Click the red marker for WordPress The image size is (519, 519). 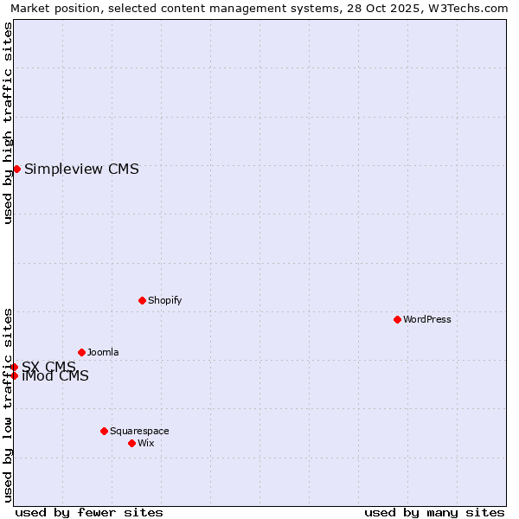coord(397,319)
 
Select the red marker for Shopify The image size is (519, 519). coord(142,300)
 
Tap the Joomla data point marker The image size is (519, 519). coord(81,352)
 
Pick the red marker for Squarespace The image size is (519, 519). coord(104,431)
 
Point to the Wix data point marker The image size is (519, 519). coord(131,443)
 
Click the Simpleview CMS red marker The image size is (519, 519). coord(16,169)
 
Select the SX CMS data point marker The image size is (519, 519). coord(14,367)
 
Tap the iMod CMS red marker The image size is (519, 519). coord(14,375)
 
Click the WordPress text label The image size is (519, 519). coord(427,319)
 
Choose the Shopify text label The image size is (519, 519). coord(164,300)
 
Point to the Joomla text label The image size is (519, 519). coord(103,352)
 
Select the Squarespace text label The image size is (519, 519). coord(139,431)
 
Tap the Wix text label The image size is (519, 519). coord(146,443)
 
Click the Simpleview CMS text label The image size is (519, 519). coord(81,169)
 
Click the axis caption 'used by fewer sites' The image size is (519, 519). coord(89,512)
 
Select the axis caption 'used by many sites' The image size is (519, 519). coord(434,512)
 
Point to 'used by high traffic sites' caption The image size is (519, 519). coord(8,123)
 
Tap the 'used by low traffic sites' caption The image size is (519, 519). coord(8,404)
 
